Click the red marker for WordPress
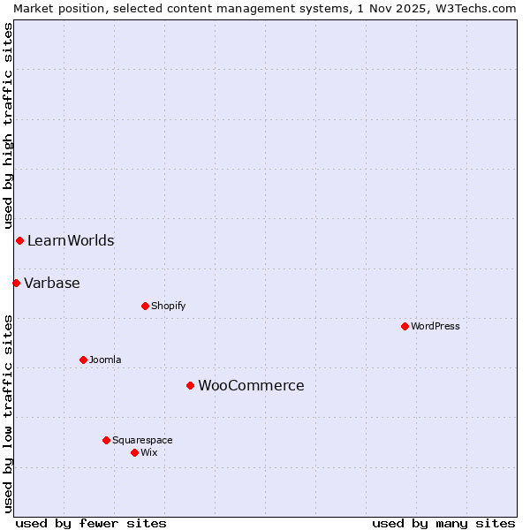(x=405, y=326)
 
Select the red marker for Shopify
(x=145, y=306)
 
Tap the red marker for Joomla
(x=83, y=360)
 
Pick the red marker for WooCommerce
(x=190, y=385)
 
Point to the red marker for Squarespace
(x=106, y=440)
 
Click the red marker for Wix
(x=134, y=452)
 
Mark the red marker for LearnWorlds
(x=19, y=240)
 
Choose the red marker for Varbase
(x=16, y=283)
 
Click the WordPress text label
(x=435, y=326)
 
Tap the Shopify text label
(x=168, y=306)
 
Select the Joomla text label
(x=105, y=360)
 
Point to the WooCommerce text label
(x=251, y=385)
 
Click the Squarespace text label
(x=142, y=440)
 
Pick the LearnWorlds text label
(x=71, y=240)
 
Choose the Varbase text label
(x=52, y=283)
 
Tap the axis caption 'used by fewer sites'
(x=91, y=523)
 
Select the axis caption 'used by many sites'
(x=443, y=523)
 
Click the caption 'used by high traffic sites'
(x=8, y=126)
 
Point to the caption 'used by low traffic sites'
(x=8, y=413)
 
